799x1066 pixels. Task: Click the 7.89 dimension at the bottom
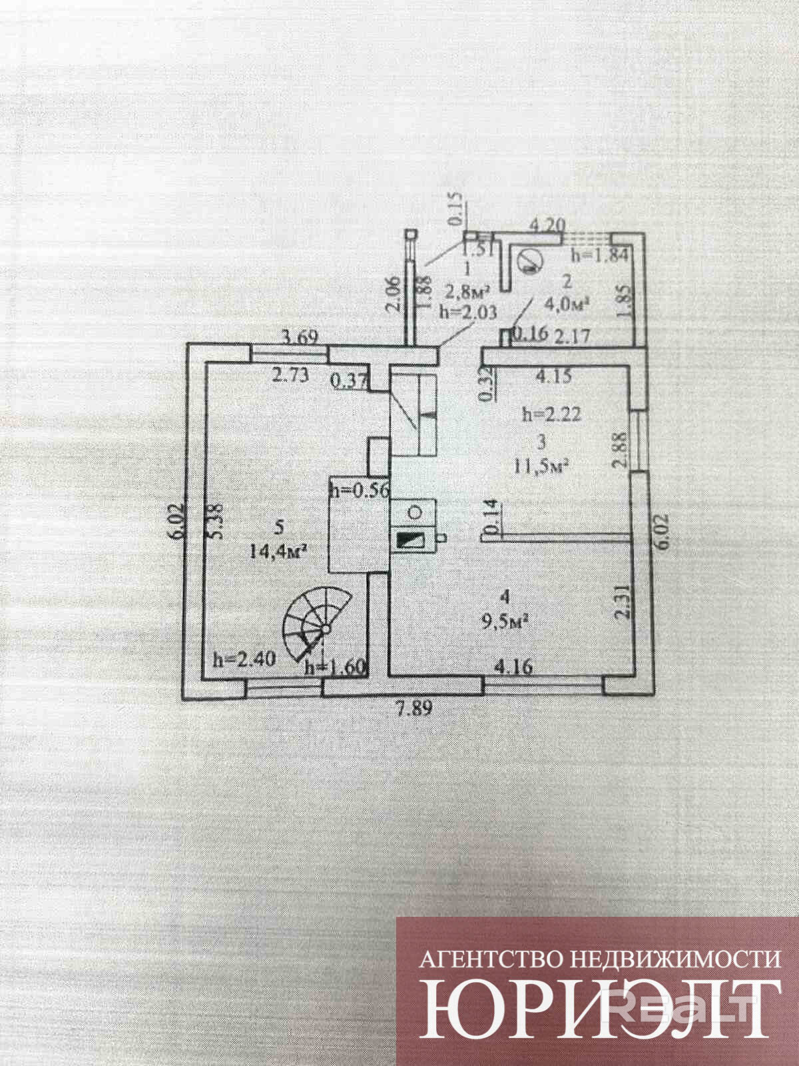coord(415,708)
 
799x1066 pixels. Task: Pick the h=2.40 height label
coord(238,660)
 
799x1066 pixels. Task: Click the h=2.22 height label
coord(552,414)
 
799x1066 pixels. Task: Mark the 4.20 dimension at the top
coord(546,226)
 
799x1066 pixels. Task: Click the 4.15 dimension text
coord(553,376)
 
